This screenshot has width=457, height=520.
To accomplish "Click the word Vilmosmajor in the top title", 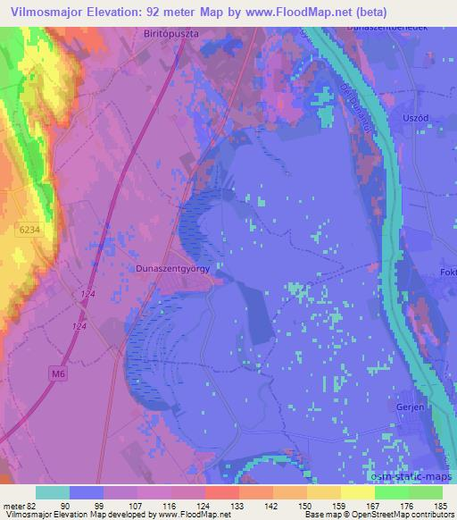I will (46, 12).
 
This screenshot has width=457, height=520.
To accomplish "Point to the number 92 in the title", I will (154, 12).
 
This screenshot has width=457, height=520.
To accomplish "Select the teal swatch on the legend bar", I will (53, 492).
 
